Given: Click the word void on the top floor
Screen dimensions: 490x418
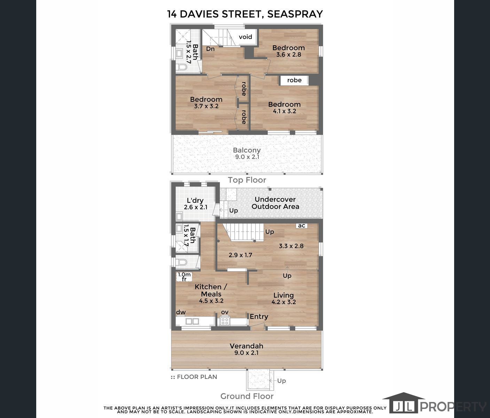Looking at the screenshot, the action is (x=246, y=37).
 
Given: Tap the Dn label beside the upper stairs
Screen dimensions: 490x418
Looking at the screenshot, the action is (x=210, y=49).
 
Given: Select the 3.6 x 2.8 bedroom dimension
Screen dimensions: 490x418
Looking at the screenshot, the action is (x=288, y=55).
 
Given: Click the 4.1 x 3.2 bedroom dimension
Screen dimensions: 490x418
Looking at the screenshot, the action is (x=284, y=111).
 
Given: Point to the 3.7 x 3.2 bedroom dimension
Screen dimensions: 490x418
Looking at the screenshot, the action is (x=206, y=106).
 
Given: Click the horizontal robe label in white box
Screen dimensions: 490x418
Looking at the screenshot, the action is (x=294, y=80).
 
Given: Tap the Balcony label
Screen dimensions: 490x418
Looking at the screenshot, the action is (x=247, y=150).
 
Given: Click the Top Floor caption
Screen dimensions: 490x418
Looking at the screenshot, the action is (x=247, y=180).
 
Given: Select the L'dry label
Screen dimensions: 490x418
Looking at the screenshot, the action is (x=195, y=201).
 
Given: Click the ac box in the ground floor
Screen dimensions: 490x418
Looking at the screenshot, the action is (x=302, y=225).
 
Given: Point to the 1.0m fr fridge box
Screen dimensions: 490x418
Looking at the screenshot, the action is (x=184, y=277).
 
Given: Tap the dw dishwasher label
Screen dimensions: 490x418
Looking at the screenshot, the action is (x=181, y=312).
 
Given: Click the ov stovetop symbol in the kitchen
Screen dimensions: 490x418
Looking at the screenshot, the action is (x=225, y=322).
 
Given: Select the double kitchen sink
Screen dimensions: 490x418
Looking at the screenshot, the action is (x=192, y=321).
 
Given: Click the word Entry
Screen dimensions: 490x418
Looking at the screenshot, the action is (x=259, y=317).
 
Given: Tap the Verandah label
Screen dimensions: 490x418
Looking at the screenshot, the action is (x=247, y=346).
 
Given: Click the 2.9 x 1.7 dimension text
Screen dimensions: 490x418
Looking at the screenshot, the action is (x=240, y=255).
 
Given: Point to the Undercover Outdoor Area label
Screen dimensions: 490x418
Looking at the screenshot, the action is (x=275, y=203).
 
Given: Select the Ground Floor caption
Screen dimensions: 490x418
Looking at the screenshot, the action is (x=247, y=396).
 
